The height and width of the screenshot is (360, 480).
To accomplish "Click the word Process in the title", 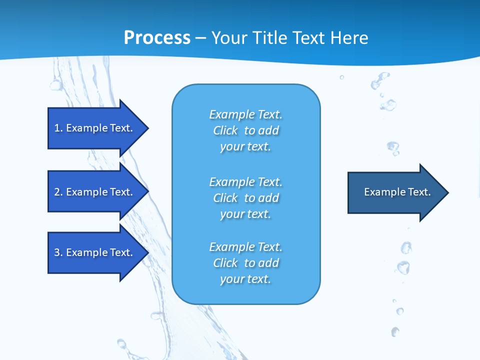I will (157, 38).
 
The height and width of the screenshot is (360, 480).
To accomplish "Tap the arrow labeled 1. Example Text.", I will (95, 128).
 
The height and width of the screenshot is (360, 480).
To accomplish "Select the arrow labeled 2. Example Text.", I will (95, 192).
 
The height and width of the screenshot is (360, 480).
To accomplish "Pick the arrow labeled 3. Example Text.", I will (95, 252).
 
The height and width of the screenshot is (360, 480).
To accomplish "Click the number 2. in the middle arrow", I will (58, 192).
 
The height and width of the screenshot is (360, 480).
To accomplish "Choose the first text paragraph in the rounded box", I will (245, 130).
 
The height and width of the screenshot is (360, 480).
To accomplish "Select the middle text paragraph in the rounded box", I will (245, 198).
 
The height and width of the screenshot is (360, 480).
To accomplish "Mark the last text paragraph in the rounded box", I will (245, 263).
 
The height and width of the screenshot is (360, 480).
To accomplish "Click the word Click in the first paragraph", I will (225, 130).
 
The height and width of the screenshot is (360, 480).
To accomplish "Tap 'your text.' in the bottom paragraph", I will (245, 279).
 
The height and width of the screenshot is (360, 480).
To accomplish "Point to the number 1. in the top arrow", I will (58, 128).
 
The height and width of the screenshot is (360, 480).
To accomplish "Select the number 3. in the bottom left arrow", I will (58, 252).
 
